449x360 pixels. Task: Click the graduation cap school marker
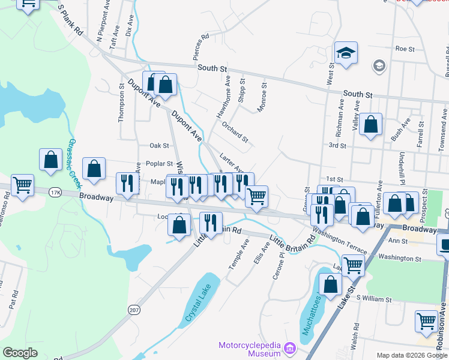(346, 53)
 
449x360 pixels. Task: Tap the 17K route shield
(55, 193)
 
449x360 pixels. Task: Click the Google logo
(20, 353)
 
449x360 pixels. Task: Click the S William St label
(373, 298)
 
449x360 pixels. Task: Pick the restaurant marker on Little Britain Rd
(210, 223)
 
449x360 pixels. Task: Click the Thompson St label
(121, 106)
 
